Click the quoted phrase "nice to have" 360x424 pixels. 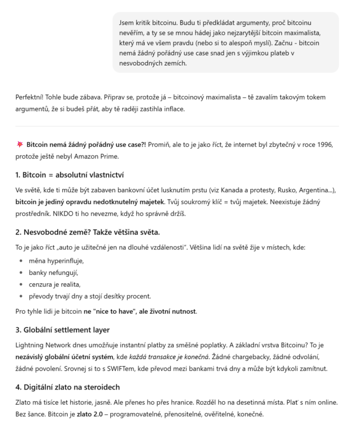tap(112, 311)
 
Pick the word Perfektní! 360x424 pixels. tap(33, 96)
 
